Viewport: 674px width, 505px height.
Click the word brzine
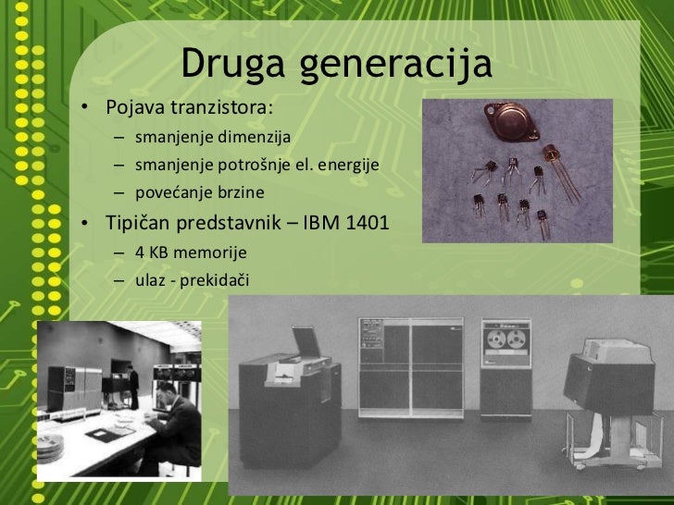tap(240, 192)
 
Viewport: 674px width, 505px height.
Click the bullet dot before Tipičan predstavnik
tap(84, 224)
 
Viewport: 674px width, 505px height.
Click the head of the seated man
tap(166, 391)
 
